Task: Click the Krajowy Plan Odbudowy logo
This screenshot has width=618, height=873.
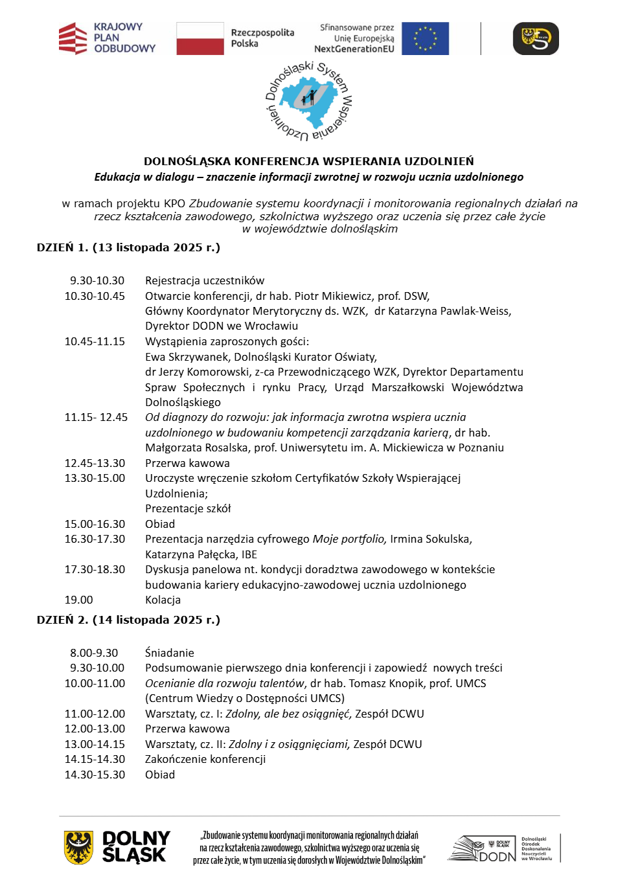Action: pyautogui.click(x=107, y=38)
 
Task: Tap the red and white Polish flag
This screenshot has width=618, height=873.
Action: pyautogui.click(x=200, y=38)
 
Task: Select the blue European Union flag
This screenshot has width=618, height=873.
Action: pyautogui.click(x=425, y=38)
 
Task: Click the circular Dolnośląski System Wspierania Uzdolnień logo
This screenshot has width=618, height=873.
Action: pyautogui.click(x=309, y=102)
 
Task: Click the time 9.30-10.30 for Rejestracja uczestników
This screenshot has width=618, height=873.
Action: pyautogui.click(x=97, y=280)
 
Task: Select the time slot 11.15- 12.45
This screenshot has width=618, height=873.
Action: pyautogui.click(x=96, y=417)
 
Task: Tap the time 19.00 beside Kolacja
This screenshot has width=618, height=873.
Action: pyautogui.click(x=78, y=600)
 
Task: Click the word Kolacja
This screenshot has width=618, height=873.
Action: pyautogui.click(x=163, y=600)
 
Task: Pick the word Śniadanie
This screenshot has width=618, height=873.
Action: pyautogui.click(x=169, y=653)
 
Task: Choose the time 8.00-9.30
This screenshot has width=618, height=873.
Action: pyautogui.click(x=94, y=653)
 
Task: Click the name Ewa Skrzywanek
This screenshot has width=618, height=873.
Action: pyautogui.click(x=187, y=357)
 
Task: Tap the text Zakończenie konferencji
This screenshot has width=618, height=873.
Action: pyautogui.click(x=205, y=759)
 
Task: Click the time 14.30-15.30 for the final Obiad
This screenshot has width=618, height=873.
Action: pyautogui.click(x=95, y=775)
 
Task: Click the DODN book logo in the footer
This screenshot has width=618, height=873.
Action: pyautogui.click(x=483, y=848)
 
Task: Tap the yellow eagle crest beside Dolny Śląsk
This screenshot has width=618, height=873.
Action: pyautogui.click(x=78, y=848)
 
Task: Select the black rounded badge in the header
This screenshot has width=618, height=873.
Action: pyautogui.click(x=536, y=38)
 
